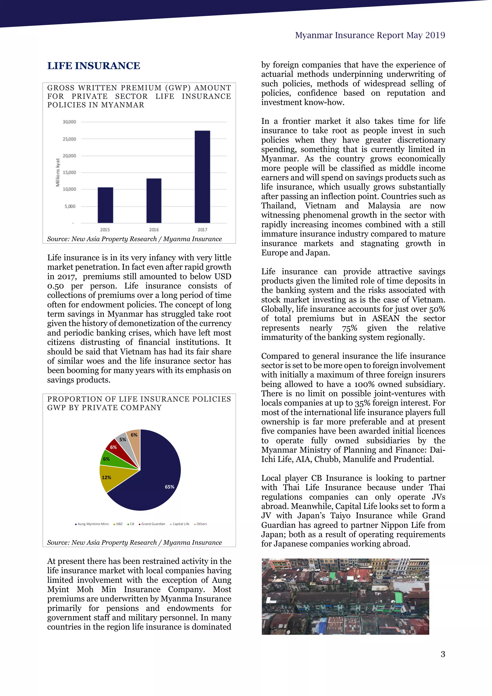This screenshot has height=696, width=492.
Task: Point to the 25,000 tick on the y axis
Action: [x=69, y=139]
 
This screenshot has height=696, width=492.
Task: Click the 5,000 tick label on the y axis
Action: [x=70, y=206]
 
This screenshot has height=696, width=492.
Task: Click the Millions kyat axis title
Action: [x=58, y=172]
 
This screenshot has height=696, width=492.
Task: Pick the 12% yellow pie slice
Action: [x=109, y=478]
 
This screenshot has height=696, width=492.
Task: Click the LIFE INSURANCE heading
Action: [x=94, y=66]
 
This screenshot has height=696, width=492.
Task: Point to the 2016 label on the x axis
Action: [x=154, y=230]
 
